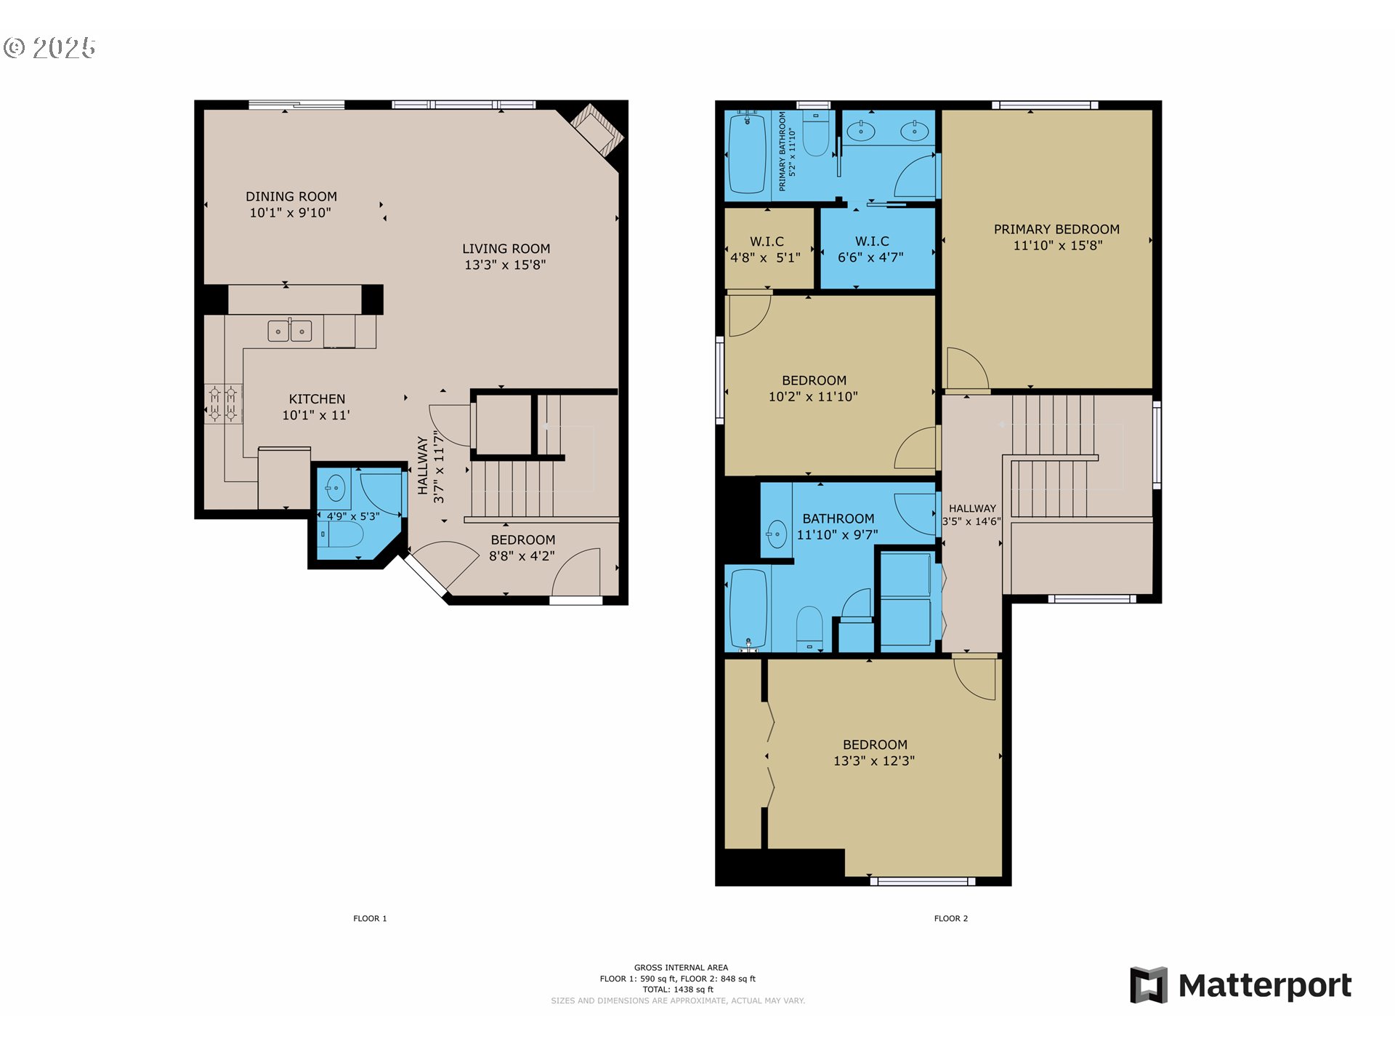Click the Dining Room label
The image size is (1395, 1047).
click(x=291, y=196)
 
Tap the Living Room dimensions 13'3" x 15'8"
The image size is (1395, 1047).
click(x=505, y=265)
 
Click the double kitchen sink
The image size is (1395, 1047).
click(x=290, y=331)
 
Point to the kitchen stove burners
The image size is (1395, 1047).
click(x=223, y=404)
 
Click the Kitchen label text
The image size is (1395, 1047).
click(x=317, y=399)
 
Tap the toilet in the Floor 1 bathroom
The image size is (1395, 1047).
click(x=341, y=534)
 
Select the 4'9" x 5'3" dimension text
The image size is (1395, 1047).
click(x=353, y=516)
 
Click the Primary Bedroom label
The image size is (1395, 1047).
click(x=1056, y=229)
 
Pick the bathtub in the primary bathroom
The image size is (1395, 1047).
click(x=747, y=154)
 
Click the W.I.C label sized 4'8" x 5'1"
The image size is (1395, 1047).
click(x=767, y=249)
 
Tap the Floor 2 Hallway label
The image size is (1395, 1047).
click(x=972, y=508)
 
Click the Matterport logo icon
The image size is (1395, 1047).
click(x=1149, y=985)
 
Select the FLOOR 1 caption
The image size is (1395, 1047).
click(x=370, y=918)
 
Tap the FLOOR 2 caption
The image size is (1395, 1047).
click(x=950, y=918)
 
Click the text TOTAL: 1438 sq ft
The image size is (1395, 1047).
click(x=678, y=990)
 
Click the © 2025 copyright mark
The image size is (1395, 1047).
click(x=49, y=48)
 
